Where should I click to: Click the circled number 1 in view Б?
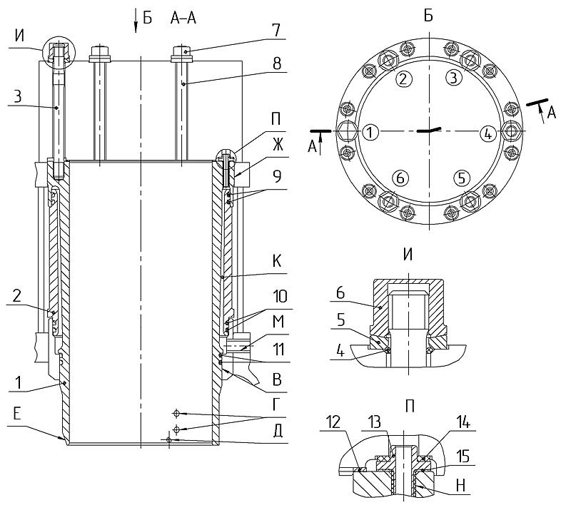tap(370, 132)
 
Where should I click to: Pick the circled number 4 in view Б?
tap(487, 133)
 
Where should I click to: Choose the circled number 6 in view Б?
tap(400, 178)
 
